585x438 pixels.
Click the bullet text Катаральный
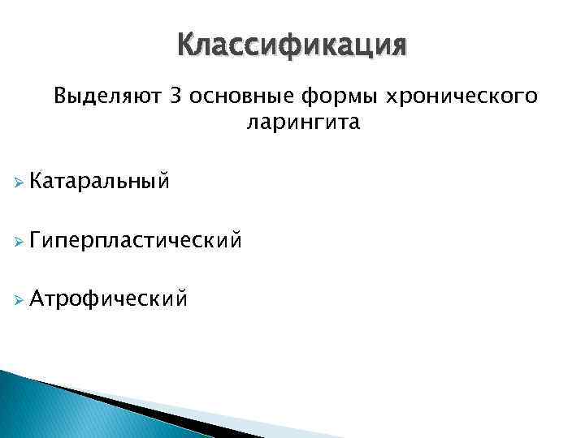(x=99, y=179)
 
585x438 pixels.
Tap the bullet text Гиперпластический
(x=135, y=239)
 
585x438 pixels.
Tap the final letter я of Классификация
(x=395, y=46)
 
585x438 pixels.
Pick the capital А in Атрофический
(x=35, y=299)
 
